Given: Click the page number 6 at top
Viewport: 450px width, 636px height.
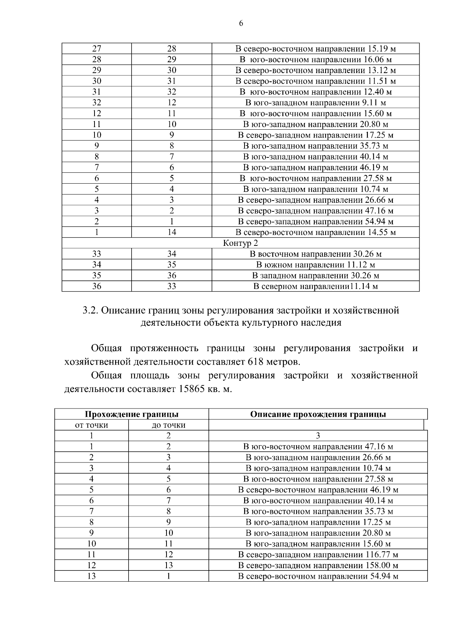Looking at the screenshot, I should (241, 23).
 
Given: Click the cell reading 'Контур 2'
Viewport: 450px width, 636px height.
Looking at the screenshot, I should (240, 243).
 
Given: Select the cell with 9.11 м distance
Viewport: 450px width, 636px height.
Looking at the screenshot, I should (315, 103).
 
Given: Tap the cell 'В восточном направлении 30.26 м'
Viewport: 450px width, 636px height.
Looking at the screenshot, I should (315, 254).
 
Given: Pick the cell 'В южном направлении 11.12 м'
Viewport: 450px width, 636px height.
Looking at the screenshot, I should (315, 265).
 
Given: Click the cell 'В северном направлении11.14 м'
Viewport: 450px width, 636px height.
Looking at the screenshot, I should (315, 287).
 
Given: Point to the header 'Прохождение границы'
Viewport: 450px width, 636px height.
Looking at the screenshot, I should (131, 414).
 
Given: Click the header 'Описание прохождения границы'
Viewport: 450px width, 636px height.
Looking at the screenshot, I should (318, 414).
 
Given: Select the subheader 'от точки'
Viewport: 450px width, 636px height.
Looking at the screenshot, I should (91, 425).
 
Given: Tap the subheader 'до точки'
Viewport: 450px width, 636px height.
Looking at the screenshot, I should (168, 425).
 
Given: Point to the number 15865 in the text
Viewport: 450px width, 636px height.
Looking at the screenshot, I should (191, 389).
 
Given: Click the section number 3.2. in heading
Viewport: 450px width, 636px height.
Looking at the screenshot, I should (90, 311).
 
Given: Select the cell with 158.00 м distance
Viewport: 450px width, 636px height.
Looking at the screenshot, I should (318, 565).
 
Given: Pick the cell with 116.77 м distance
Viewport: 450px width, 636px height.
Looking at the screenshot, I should (318, 554).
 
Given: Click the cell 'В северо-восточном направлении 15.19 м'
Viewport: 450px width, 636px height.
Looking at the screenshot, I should (315, 49).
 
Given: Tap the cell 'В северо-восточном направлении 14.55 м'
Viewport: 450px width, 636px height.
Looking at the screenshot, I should (315, 232).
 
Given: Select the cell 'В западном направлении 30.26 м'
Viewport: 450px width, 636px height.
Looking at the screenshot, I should (315, 276).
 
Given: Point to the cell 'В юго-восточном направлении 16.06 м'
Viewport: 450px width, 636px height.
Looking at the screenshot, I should (315, 60).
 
